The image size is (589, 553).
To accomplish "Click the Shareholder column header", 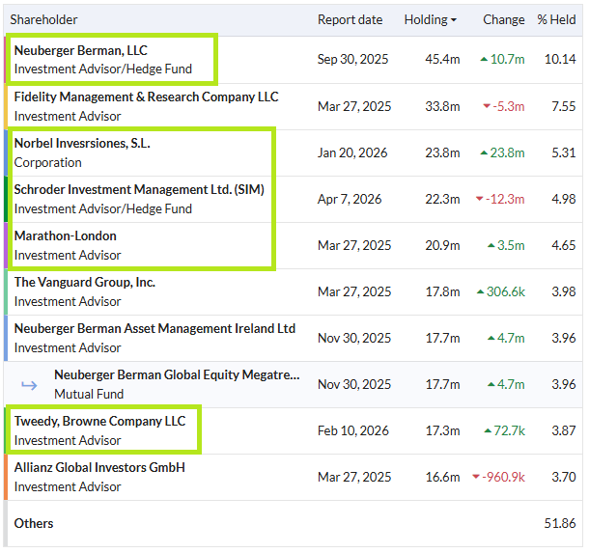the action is (43, 19).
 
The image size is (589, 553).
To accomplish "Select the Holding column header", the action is (426, 19).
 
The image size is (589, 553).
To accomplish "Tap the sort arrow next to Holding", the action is (454, 20).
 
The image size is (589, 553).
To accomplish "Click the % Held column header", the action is (556, 19).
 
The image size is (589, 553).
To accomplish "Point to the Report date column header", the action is (350, 19).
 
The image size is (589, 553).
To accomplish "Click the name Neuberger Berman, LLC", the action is (81, 50).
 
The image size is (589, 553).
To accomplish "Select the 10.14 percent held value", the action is (560, 59).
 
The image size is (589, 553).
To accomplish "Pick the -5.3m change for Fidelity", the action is (508, 106).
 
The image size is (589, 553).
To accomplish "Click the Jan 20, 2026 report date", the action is (352, 152).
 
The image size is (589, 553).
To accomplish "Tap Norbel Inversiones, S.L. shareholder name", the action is (82, 143).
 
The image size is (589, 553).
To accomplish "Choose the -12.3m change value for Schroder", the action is (505, 199).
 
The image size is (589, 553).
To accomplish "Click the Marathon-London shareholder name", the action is (66, 235).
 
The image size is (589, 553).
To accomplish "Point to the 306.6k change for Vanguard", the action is (506, 291).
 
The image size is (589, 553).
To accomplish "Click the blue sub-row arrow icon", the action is (29, 385).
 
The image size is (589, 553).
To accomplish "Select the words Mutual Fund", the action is (89, 394).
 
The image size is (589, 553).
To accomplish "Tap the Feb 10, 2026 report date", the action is (353, 430).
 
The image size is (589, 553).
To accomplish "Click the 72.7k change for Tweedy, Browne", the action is (509, 430).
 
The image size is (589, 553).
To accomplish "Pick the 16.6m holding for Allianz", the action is (442, 477).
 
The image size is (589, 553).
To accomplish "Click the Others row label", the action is (34, 523).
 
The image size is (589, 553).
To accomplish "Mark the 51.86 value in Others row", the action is (560, 523).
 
